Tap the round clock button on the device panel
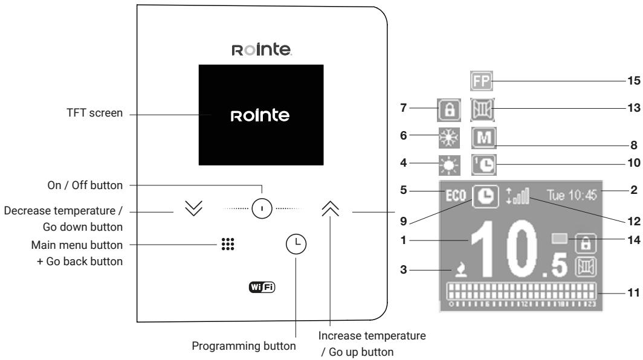click(x=296, y=228)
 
